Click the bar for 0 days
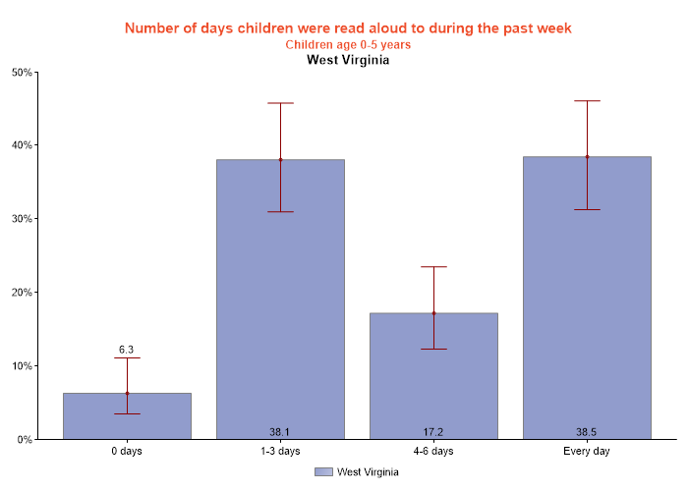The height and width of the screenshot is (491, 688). (x=127, y=416)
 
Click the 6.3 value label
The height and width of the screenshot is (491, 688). (x=127, y=350)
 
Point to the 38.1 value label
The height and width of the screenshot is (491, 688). (x=280, y=431)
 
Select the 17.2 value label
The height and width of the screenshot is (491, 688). (x=433, y=431)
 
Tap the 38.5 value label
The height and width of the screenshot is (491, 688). (x=587, y=431)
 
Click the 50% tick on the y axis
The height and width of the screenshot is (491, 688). (x=22, y=72)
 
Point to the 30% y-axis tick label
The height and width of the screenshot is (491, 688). (x=22, y=219)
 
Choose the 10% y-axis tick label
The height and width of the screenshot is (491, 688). (x=22, y=366)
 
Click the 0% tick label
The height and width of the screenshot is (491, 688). (x=25, y=440)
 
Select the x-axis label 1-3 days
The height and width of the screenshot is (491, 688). (x=280, y=452)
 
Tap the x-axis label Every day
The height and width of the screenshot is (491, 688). (x=587, y=452)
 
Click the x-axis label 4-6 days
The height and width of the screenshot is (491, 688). (x=433, y=452)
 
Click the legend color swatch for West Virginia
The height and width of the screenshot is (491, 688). (x=324, y=472)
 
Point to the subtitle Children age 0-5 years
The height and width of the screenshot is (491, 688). (x=348, y=44)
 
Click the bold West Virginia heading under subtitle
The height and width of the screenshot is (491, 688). (x=348, y=60)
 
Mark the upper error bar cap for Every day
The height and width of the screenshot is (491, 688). (x=587, y=100)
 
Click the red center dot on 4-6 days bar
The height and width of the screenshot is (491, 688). (x=433, y=313)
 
